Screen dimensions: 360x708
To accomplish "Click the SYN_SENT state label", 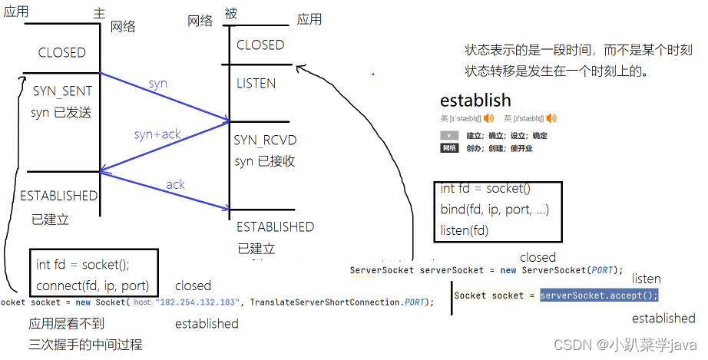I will [x=62, y=91].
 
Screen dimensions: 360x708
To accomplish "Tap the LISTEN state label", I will [x=256, y=83].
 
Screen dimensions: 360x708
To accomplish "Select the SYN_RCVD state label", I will [x=265, y=140].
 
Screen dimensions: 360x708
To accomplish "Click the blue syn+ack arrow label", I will [x=157, y=134].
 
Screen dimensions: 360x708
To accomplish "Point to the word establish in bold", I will [x=475, y=101].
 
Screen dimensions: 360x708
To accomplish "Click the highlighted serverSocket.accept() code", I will [x=599, y=296].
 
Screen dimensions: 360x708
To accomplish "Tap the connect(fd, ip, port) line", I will [x=92, y=286].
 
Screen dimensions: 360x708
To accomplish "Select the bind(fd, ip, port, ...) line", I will [x=495, y=209].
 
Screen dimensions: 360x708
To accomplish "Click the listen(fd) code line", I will [x=465, y=229].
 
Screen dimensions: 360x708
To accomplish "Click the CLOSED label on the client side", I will [x=62, y=52].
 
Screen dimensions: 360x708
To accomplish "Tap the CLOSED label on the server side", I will [x=260, y=45].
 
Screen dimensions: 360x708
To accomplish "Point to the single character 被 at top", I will [x=231, y=13].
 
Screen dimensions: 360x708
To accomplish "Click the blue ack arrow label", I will [x=175, y=184].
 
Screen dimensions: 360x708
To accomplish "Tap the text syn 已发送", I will [x=61, y=112].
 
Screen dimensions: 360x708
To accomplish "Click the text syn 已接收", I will [x=265, y=161].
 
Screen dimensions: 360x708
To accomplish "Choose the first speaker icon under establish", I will [x=488, y=118].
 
